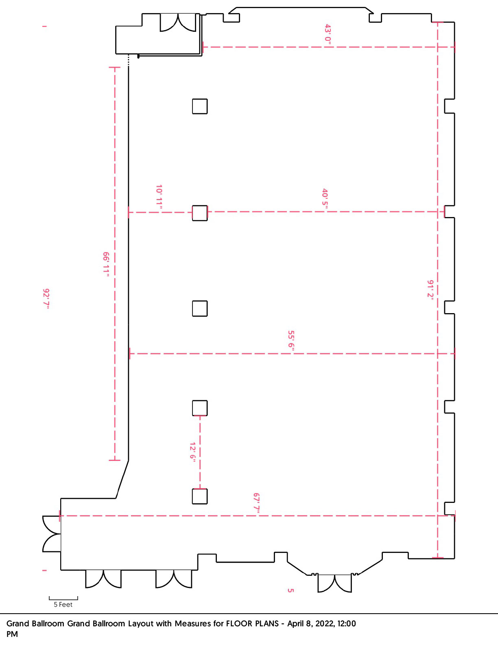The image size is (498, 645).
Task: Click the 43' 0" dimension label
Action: click(328, 35)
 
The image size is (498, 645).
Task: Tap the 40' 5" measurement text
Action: click(325, 199)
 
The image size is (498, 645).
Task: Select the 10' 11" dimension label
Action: click(159, 197)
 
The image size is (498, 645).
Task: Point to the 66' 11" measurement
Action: click(106, 264)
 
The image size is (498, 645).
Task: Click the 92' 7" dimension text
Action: click(46, 299)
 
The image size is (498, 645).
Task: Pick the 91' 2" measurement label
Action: click(430, 290)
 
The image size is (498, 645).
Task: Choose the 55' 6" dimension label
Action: click(291, 341)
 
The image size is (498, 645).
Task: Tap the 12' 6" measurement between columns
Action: click(192, 452)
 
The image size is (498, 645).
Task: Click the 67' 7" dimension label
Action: click(257, 502)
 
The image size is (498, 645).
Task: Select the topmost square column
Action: click(200, 106)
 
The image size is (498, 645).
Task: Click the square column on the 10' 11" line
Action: click(200, 213)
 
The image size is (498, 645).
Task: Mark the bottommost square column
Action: click(200, 497)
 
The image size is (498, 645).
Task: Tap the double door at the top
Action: click(178, 22)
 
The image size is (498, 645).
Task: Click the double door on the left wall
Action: click(52, 534)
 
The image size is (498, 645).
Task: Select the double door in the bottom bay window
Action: click(334, 584)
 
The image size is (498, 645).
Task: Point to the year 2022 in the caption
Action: click(325, 624)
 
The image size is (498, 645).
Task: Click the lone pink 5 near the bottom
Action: click(290, 590)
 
